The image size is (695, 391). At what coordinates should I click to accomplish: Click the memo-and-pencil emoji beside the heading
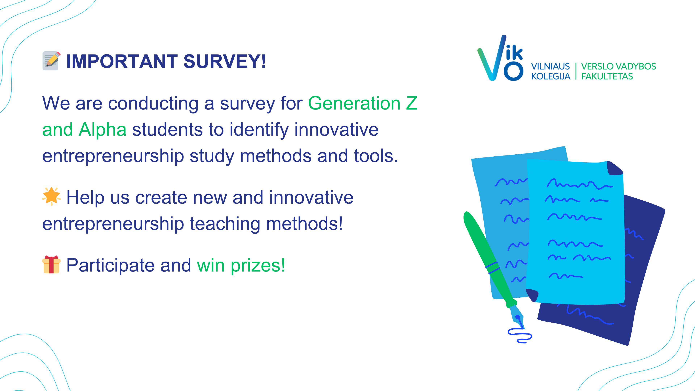pyautogui.click(x=51, y=61)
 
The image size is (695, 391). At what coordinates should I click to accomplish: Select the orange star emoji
pyautogui.click(x=51, y=196)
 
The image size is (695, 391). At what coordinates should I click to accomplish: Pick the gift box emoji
pyautogui.click(x=51, y=264)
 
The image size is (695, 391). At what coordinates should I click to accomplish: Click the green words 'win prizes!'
pyautogui.click(x=241, y=265)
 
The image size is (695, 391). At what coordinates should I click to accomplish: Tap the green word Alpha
pyautogui.click(x=102, y=130)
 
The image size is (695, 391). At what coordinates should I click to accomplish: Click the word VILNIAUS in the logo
pyautogui.click(x=550, y=66)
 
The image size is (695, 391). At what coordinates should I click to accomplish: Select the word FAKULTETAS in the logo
pyautogui.click(x=607, y=76)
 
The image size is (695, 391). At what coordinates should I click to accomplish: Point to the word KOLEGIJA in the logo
pyautogui.click(x=551, y=76)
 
